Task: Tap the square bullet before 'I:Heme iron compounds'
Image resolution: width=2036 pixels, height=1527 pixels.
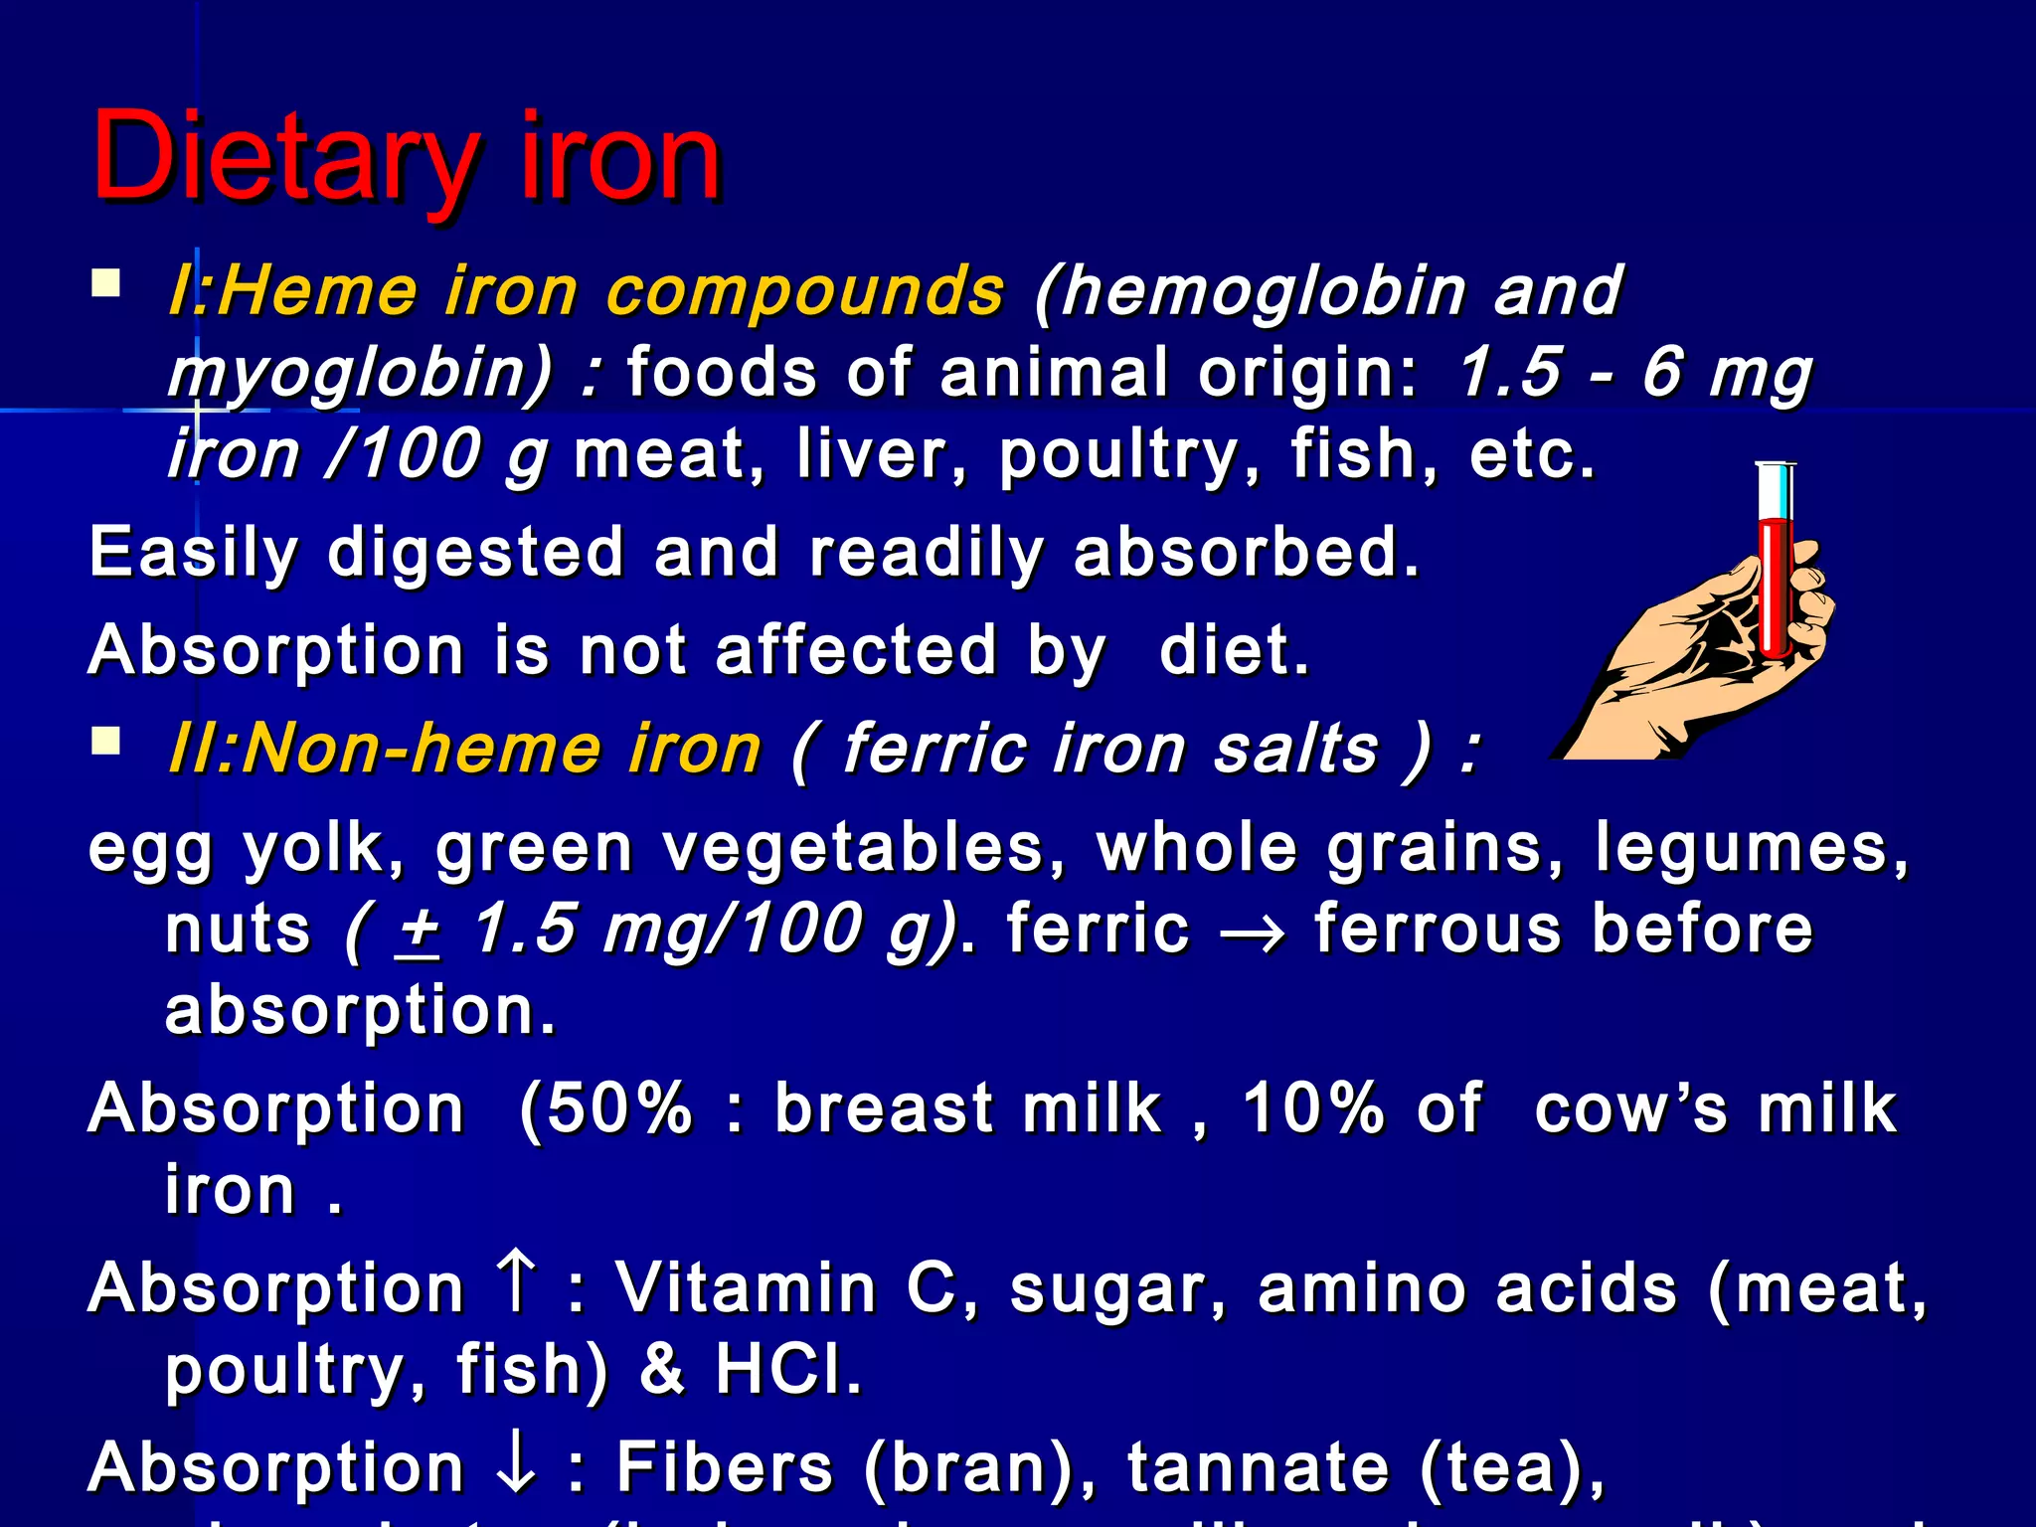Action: pos(105,285)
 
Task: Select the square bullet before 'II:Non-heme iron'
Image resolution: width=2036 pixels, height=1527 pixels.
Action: pos(105,742)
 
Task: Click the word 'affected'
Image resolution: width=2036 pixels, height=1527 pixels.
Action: pos(855,651)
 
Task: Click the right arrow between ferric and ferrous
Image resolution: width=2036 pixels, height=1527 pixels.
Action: pos(1252,933)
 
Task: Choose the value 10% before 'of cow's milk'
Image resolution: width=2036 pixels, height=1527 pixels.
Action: pos(1312,1108)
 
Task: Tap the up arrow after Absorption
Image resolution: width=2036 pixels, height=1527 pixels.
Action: pos(516,1283)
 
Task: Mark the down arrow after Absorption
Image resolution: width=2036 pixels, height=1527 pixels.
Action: pos(516,1466)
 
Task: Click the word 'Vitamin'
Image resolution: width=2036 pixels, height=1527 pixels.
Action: pos(746,1288)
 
